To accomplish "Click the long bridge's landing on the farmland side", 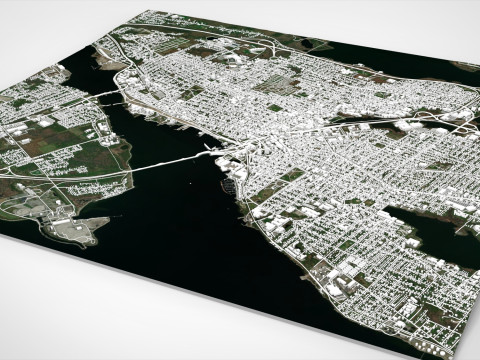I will click(x=120, y=174).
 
